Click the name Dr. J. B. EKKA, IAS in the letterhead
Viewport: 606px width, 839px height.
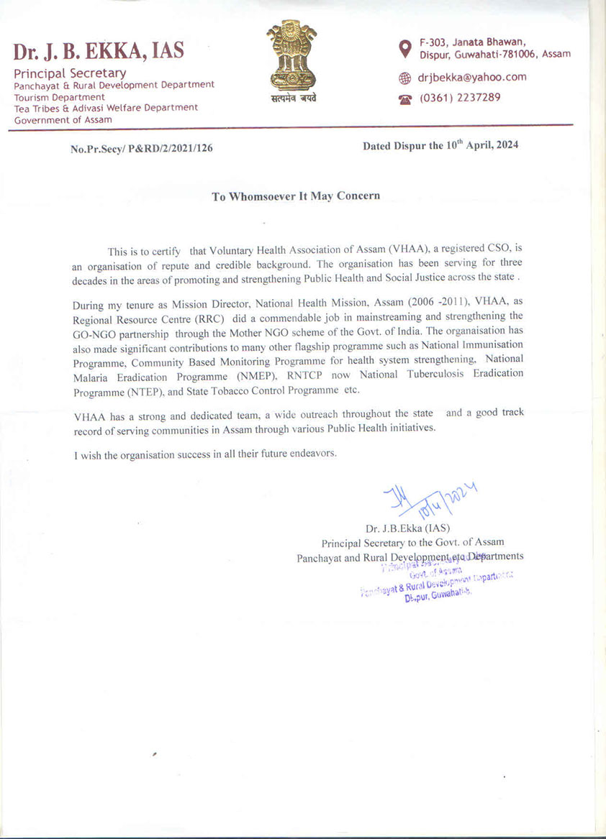pos(99,51)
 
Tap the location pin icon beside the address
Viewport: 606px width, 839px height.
pos(404,48)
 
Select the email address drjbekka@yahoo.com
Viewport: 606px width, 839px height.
pos(472,77)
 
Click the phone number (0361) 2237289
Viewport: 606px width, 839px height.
pos(460,98)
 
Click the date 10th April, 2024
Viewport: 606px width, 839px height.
pos(482,145)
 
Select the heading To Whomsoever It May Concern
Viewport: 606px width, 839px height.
pos(296,196)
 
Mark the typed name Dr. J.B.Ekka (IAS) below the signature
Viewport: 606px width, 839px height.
pos(407,528)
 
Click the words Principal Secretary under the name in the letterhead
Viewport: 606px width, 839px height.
pos(70,73)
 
